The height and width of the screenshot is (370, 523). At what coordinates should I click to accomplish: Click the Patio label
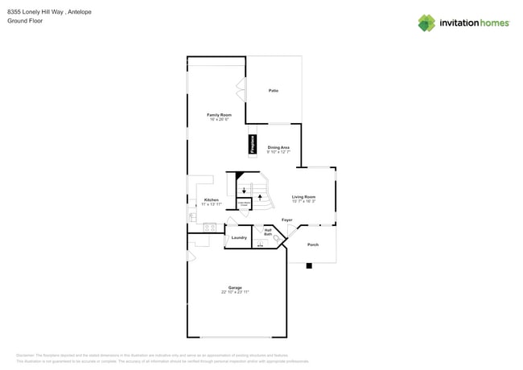[x=274, y=90]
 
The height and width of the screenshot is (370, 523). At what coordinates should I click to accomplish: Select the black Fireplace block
[x=252, y=146]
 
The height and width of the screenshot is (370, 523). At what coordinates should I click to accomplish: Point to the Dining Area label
[x=278, y=147]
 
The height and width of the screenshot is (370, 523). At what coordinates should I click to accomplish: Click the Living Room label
[x=303, y=196]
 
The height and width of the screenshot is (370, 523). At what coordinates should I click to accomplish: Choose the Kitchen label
[x=211, y=199]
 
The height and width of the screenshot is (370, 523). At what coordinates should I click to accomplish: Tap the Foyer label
[x=286, y=220]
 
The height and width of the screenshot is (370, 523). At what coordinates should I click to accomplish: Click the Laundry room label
[x=239, y=237]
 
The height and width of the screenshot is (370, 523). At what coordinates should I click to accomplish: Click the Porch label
[x=313, y=245]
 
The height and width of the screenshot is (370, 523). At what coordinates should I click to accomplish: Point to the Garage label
[x=235, y=287]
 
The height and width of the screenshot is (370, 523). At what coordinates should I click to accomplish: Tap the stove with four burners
[x=209, y=227]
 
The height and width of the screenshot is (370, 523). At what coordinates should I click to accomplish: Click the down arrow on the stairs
[x=244, y=191]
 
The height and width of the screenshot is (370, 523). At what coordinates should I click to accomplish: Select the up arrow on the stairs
[x=259, y=196]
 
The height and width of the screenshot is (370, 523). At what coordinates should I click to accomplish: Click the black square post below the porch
[x=308, y=265]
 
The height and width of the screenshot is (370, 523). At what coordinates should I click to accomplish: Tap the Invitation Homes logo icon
[x=426, y=23]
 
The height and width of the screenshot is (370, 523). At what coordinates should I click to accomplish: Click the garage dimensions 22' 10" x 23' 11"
[x=235, y=292]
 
